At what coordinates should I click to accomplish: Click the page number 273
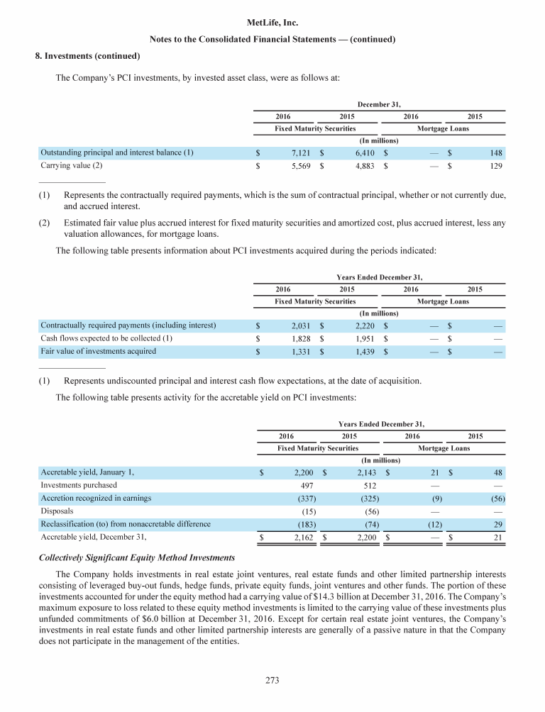(x=272, y=681)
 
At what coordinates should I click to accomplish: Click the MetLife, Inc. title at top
(x=272, y=23)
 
